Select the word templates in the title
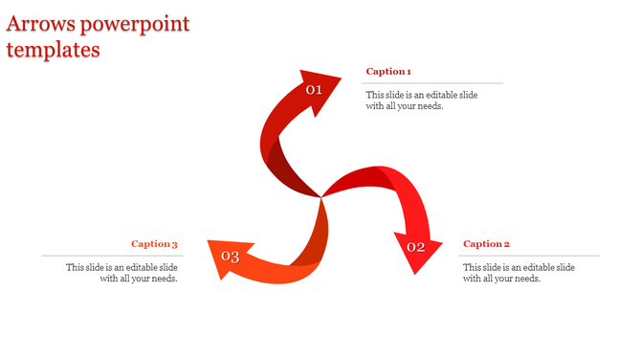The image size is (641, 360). [54, 50]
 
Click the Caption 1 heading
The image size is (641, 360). [388, 72]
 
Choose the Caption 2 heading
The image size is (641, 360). [486, 244]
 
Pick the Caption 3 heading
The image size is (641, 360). [155, 244]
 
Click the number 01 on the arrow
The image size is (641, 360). [314, 90]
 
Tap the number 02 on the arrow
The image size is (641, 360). [416, 247]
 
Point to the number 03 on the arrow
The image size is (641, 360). [230, 257]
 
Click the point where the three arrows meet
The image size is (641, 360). [320, 197]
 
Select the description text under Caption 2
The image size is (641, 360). [519, 273]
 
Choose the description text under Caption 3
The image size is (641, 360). [122, 273]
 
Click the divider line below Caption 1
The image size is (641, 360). [434, 83]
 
